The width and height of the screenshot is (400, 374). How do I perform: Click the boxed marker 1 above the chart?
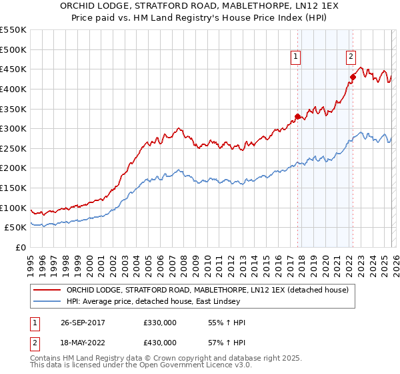pyautogui.click(x=295, y=57)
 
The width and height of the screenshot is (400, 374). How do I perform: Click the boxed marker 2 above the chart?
pyautogui.click(x=351, y=57)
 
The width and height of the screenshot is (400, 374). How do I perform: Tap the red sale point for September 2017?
pyautogui.click(x=297, y=116)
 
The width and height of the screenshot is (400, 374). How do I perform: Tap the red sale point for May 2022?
pyautogui.click(x=353, y=77)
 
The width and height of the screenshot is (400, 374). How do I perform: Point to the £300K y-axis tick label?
pyautogui.click(x=13, y=128)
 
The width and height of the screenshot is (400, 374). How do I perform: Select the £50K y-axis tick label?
pyautogui.click(x=16, y=228)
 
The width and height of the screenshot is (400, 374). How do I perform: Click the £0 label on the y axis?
pyautogui.click(x=21, y=247)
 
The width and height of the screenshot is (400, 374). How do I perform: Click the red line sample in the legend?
pyautogui.click(x=47, y=291)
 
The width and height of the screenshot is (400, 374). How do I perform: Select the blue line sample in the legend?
pyautogui.click(x=47, y=302)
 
